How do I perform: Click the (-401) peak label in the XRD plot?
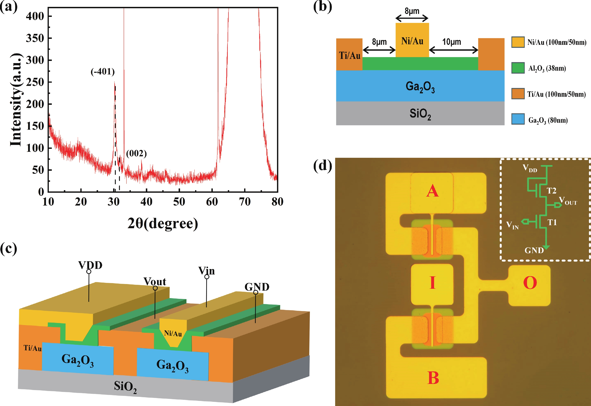103,72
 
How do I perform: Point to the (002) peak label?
136,153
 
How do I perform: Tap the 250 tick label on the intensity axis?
35,82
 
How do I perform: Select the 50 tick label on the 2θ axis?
179,202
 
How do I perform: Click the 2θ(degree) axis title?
162,224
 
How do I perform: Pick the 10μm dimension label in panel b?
451,42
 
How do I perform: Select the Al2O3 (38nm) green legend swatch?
518,68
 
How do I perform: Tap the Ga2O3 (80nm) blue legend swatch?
518,119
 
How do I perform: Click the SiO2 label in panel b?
420,114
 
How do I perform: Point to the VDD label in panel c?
90,265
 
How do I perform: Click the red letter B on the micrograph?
433,378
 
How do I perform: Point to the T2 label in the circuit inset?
551,191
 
